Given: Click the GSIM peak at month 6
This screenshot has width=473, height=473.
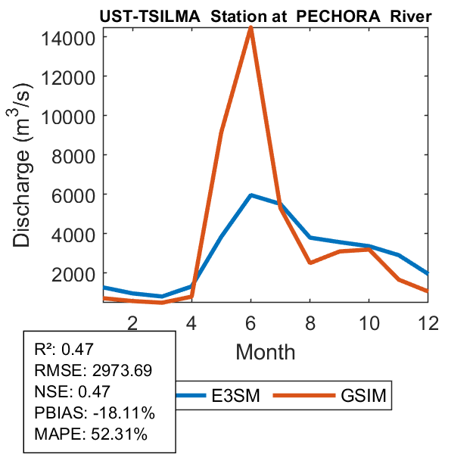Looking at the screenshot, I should pyautogui.click(x=251, y=30).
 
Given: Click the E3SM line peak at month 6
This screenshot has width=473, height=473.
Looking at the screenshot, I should pyautogui.click(x=251, y=195).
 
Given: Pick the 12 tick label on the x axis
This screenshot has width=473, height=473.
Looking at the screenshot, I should pyautogui.click(x=428, y=322).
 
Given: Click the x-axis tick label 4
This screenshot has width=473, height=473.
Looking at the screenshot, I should pyautogui.click(x=191, y=322).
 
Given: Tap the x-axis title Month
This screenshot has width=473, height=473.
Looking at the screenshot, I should pyautogui.click(x=266, y=352).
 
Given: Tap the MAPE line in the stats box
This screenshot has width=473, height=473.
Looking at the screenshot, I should pyautogui.click(x=91, y=435).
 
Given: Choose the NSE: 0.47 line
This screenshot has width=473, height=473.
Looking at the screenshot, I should pyautogui.click(x=73, y=392).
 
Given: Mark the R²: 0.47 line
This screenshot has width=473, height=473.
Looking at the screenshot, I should pyautogui.click(x=68, y=350).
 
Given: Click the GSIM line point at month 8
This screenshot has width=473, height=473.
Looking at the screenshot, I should pyautogui.click(x=310, y=263).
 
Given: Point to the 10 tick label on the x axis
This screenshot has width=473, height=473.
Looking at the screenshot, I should pyautogui.click(x=369, y=322).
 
